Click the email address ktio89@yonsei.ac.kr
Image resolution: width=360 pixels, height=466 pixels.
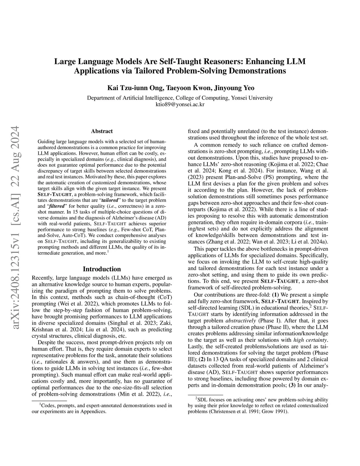(x=180, y=104)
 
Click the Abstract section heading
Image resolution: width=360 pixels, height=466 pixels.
(x=102, y=131)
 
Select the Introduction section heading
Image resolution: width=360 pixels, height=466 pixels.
(x=102, y=269)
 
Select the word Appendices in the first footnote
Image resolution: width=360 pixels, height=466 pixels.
(x=94, y=411)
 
